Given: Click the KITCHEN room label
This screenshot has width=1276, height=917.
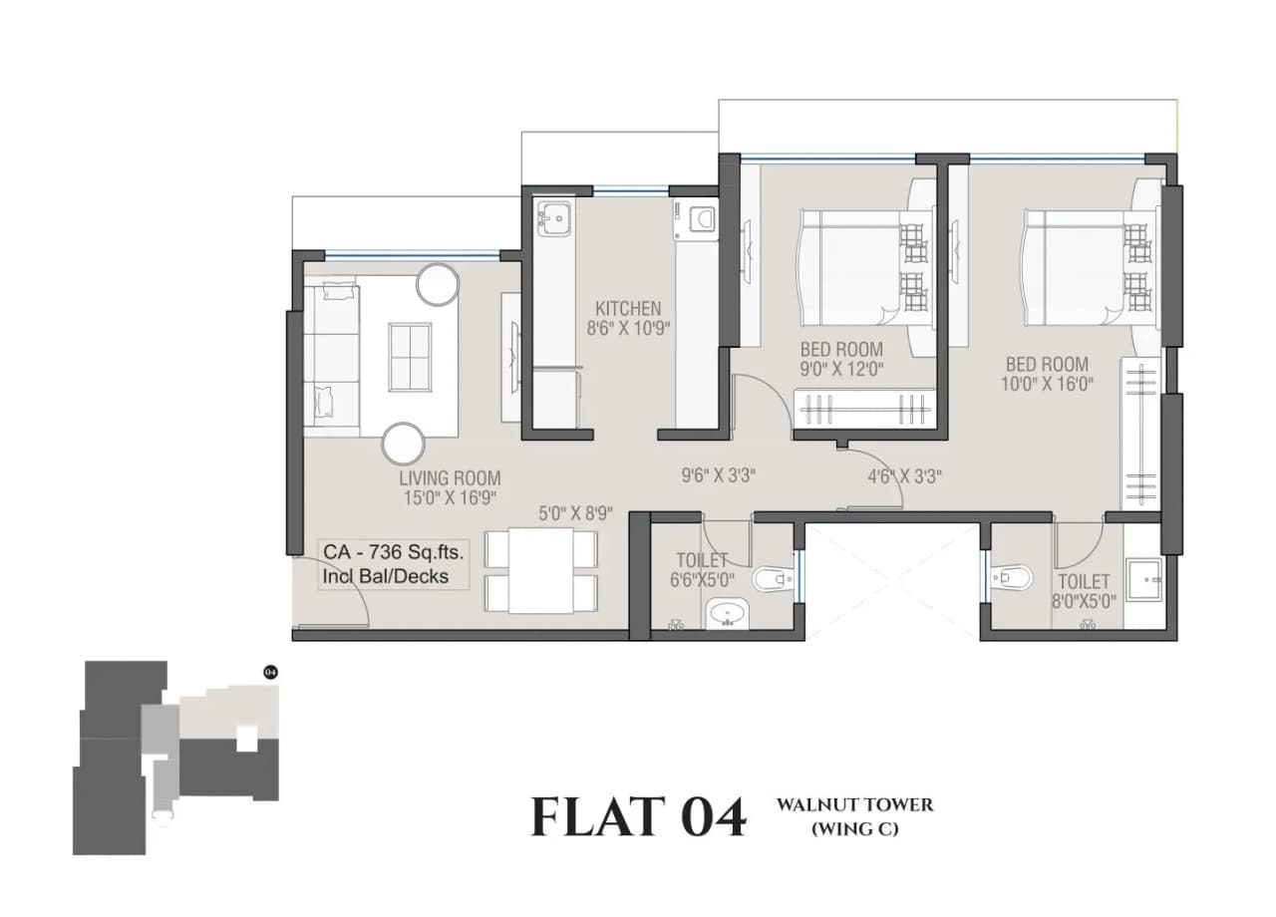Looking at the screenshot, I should pos(628,308).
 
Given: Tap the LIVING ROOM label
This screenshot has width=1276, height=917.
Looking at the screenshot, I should pos(449,477).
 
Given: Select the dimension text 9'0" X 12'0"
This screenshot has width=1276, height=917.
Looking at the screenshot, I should pos(841,370).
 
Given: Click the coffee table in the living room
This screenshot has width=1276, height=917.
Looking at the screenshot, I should pos(411,357).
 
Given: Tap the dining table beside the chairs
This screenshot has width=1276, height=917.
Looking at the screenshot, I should pos(540,571).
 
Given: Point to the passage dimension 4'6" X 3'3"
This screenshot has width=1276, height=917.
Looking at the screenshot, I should pos(904,475).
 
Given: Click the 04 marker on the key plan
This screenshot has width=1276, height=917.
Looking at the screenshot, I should pos(269,672).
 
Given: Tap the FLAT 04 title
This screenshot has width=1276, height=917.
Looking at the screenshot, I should pos(638,816).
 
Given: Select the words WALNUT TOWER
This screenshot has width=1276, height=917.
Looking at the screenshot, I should pos(854,804).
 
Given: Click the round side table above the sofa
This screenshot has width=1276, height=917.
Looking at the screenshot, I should pos(437,284).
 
